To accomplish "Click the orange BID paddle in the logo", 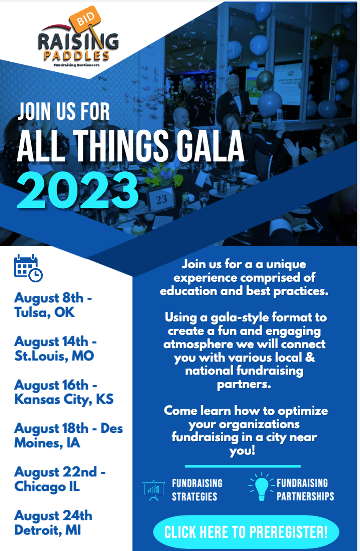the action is [x=85, y=19].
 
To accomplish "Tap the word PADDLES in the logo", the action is [x=77, y=56].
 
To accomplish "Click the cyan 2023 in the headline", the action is [x=78, y=190].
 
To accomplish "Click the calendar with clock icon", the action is [x=28, y=268].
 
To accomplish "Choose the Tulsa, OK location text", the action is [x=44, y=312].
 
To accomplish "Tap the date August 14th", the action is [x=51, y=342].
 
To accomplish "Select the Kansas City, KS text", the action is [x=64, y=399].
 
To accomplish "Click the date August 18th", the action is [x=51, y=429].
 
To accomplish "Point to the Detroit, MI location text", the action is [x=47, y=530].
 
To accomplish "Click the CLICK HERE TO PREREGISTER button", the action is [x=246, y=532].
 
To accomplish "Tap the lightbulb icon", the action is [x=262, y=487].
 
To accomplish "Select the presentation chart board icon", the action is [x=154, y=490].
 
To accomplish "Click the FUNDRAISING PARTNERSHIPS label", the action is [x=305, y=489].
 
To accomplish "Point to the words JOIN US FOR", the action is [x=64, y=111].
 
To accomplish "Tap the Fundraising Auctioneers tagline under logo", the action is [x=77, y=65].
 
